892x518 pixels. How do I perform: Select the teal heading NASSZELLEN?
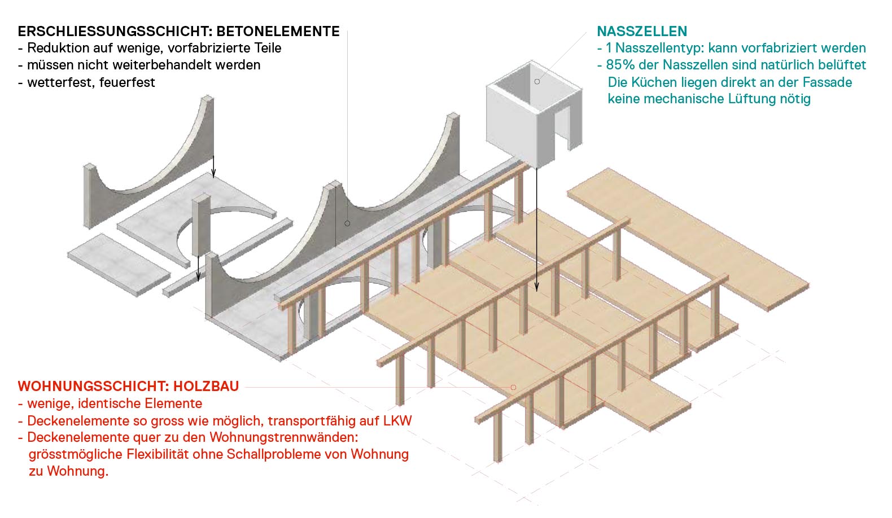[x=642, y=32]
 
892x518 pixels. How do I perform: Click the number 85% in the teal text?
[x=619, y=65]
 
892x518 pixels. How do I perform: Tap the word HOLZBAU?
[x=206, y=387]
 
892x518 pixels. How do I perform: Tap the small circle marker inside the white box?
[x=537, y=82]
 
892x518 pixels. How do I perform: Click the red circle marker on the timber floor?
[x=513, y=387]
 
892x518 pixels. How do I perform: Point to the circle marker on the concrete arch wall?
[x=347, y=223]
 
